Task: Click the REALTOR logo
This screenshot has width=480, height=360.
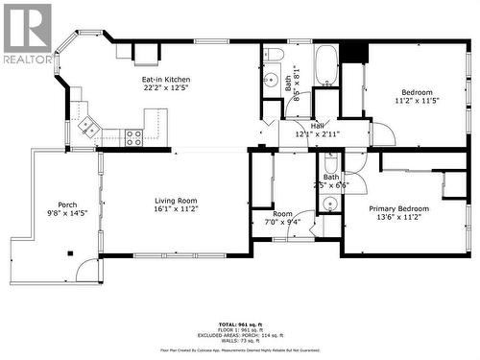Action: [28, 34]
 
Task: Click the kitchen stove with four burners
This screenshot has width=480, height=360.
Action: [133, 137]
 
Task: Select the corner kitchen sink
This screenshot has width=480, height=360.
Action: [87, 124]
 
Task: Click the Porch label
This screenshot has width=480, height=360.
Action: [67, 204]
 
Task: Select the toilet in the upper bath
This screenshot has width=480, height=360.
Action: [273, 55]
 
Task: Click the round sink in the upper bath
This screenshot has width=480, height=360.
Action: [271, 82]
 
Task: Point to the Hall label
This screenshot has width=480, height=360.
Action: [317, 125]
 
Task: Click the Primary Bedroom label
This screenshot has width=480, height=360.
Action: [399, 208]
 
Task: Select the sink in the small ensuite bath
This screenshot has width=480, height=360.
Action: [329, 204]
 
